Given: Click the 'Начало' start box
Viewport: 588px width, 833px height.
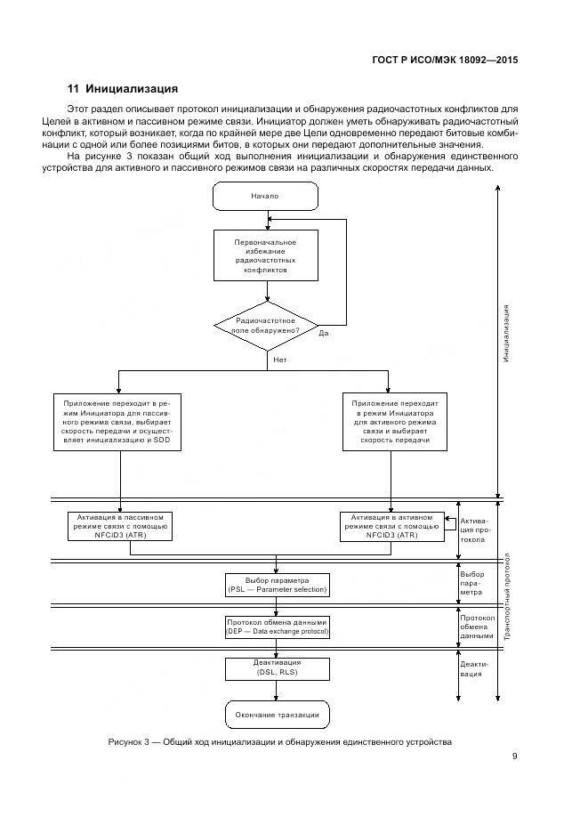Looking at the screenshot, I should (x=265, y=196).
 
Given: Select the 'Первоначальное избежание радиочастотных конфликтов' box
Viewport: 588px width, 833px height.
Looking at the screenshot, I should (x=265, y=255).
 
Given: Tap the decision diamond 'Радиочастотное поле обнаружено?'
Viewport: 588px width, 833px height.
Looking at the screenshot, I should (x=265, y=325).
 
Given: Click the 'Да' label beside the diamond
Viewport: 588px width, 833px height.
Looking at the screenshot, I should (x=324, y=334).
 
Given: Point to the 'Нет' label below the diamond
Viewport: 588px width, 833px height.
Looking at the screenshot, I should (x=280, y=360).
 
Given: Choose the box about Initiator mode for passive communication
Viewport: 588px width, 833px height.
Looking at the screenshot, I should (x=117, y=422).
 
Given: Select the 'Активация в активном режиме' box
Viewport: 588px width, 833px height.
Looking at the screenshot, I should (x=392, y=526).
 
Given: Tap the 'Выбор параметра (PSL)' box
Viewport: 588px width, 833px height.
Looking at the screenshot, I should (x=278, y=584).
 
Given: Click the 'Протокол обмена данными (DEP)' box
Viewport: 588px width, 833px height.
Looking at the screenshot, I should (x=278, y=627).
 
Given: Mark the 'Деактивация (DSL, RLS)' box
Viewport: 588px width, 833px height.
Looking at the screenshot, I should (x=278, y=668).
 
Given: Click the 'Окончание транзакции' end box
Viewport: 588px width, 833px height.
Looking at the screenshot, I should (x=277, y=715).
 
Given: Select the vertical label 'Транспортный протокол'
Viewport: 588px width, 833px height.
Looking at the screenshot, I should (x=507, y=596).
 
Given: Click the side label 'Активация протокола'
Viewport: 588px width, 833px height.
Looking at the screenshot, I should (x=473, y=530).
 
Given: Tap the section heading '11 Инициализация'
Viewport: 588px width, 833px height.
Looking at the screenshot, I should (x=123, y=89).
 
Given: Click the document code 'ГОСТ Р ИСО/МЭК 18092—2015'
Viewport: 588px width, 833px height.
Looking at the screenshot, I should (x=445, y=61).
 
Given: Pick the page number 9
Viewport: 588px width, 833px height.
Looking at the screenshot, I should (x=515, y=756).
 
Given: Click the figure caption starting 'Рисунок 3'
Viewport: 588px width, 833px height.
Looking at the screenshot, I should (x=279, y=741).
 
